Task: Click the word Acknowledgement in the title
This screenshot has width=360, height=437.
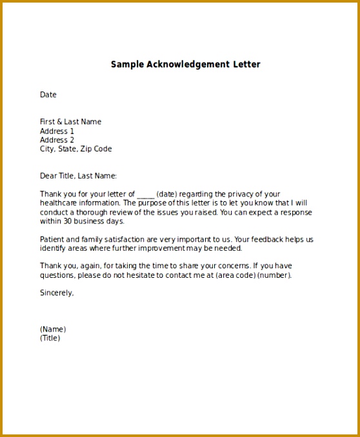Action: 188,64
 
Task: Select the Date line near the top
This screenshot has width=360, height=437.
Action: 48,95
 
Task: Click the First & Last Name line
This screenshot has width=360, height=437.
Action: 70,122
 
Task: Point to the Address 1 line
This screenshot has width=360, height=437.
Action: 57,131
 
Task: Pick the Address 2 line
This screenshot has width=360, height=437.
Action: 57,140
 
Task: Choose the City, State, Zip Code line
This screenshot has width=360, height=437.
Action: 75,149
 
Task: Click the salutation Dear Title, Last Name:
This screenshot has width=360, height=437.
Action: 78,175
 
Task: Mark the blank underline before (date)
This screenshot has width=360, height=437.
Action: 146,194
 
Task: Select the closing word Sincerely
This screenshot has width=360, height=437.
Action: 57,293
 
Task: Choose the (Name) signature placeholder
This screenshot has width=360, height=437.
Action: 53,329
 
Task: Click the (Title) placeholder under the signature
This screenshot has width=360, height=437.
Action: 50,338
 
